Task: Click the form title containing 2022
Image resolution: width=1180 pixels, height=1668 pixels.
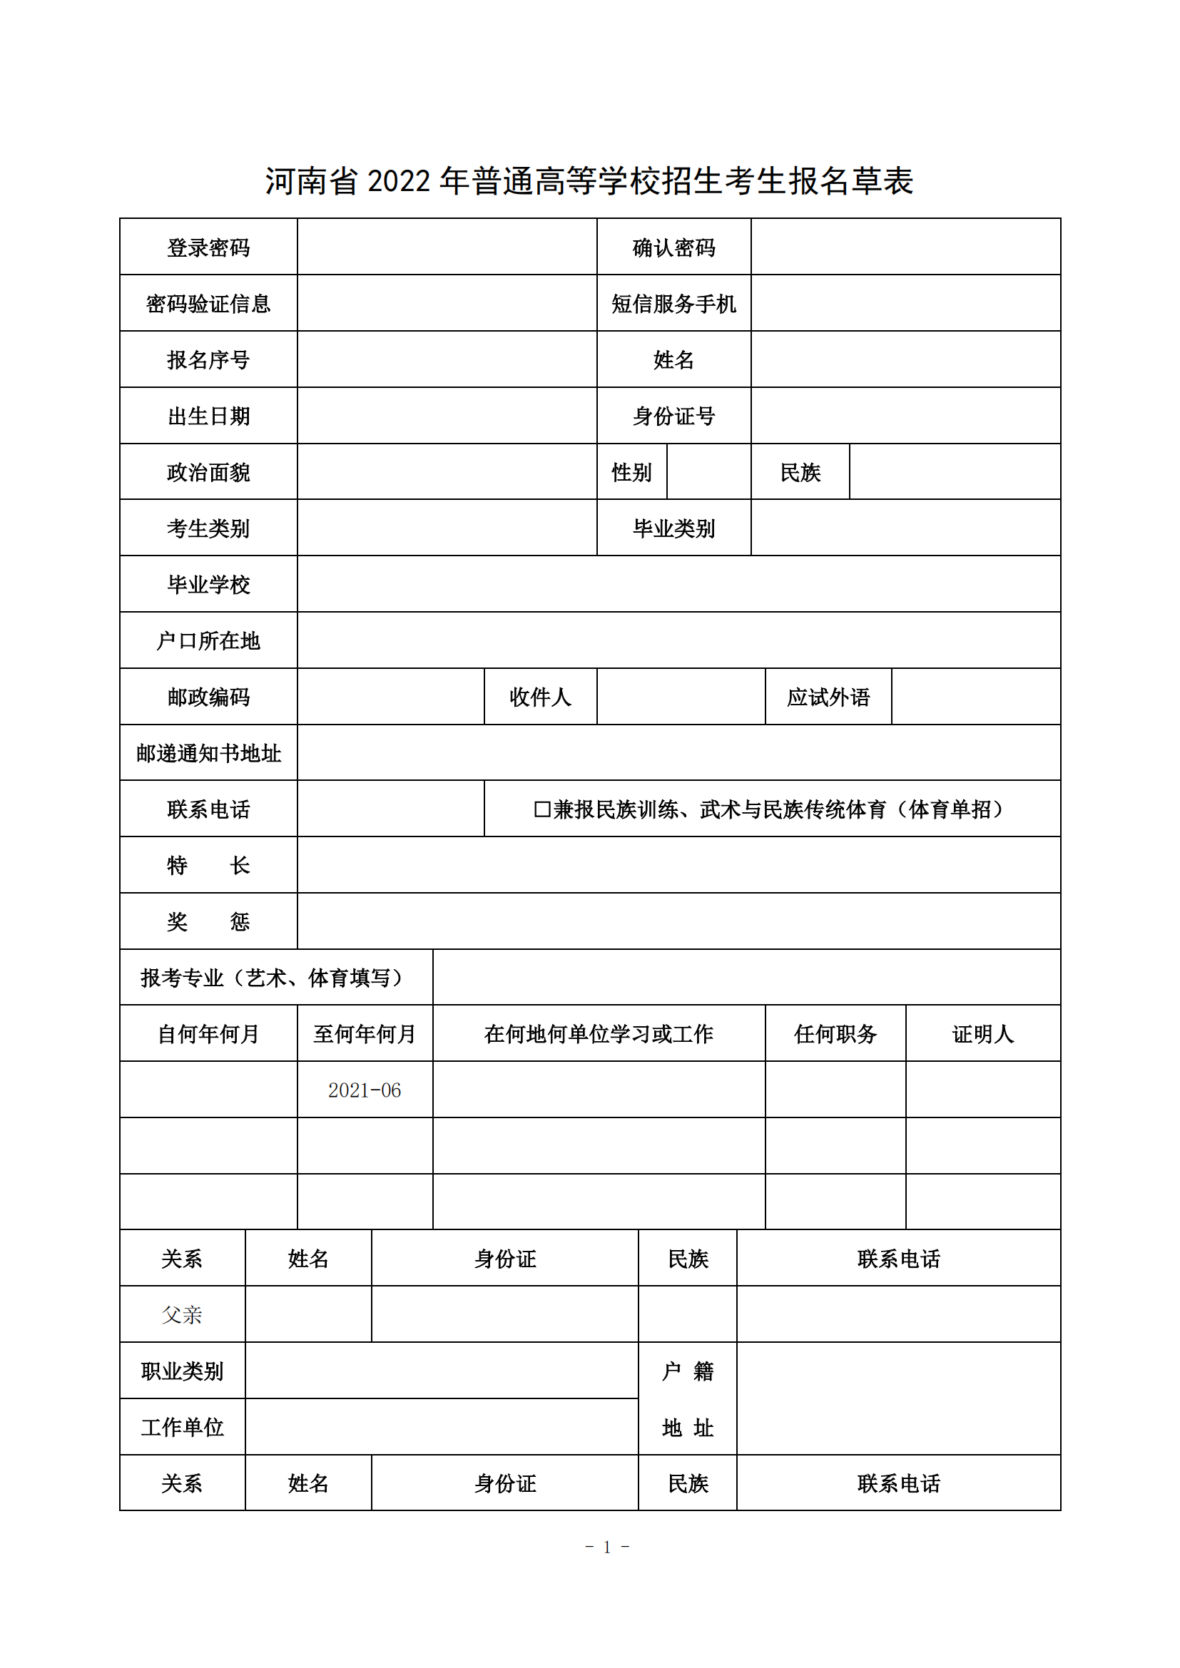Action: pos(589,181)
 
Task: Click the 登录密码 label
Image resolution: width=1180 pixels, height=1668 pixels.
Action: pos(208,247)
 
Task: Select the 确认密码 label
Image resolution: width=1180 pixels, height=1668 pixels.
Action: pos(673,247)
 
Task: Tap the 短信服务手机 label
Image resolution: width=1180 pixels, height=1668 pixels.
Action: pos(673,304)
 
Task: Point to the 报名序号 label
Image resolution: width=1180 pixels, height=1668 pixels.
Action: pos(208,359)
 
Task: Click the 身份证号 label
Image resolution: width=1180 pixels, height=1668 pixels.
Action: pos(673,416)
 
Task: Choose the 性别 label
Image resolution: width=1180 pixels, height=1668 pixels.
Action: pos(631,472)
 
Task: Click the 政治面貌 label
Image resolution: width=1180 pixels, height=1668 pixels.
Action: pos(208,472)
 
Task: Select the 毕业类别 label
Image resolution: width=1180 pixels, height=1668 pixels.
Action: pos(673,528)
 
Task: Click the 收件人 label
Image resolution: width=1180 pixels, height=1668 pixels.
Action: pos(540,697)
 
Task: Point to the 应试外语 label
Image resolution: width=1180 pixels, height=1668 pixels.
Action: pos(828,697)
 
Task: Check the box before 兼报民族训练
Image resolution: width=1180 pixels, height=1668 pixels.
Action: pos(542,809)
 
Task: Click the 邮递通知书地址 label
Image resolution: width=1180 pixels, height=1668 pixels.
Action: pos(208,753)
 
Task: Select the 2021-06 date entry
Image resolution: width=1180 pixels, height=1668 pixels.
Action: pos(364,1090)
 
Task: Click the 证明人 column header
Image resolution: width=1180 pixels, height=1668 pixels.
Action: pos(982,1034)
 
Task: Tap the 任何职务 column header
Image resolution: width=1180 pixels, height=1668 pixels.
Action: pos(835,1034)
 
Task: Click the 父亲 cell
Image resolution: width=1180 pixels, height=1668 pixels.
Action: pos(182,1315)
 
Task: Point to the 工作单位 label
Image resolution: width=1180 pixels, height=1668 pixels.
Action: pos(182,1428)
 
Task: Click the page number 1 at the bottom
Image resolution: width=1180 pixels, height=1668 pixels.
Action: pos(606,1547)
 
